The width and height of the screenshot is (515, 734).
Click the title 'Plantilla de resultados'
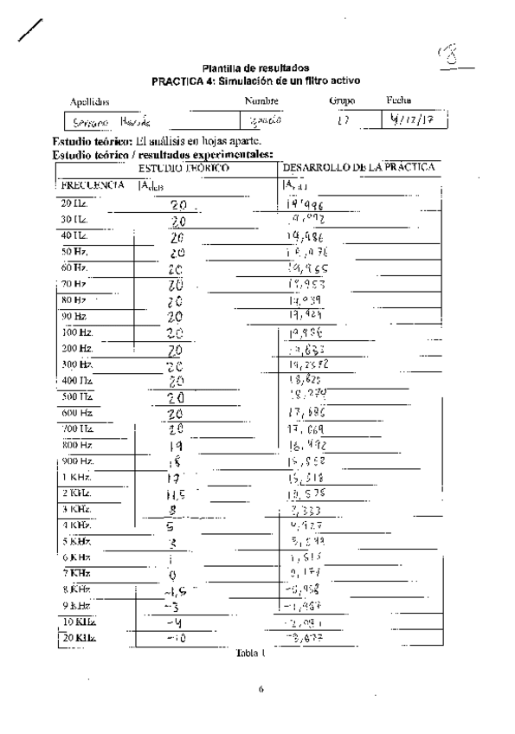click(x=255, y=68)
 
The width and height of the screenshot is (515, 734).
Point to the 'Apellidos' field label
click(x=87, y=101)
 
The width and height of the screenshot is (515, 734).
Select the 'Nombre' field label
click(x=260, y=101)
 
